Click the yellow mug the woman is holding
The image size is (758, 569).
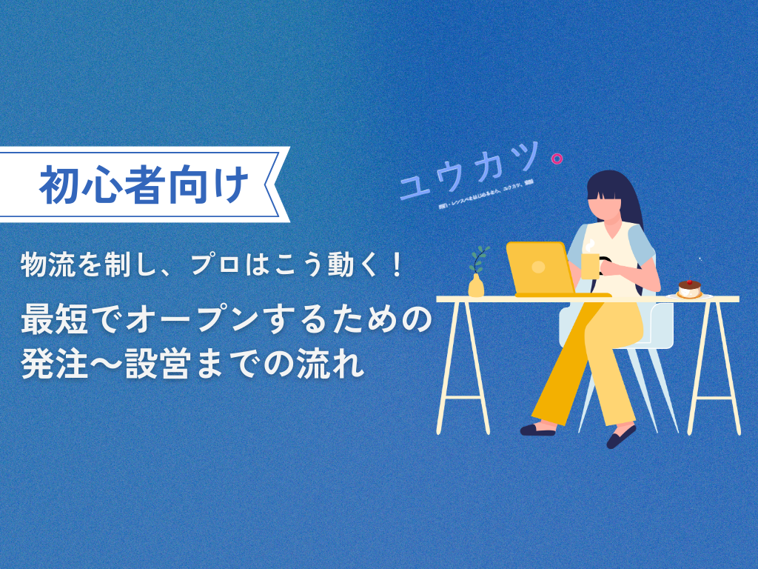click(x=590, y=264)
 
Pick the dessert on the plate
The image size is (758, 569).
click(x=689, y=289)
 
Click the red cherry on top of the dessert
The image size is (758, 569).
click(x=690, y=282)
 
